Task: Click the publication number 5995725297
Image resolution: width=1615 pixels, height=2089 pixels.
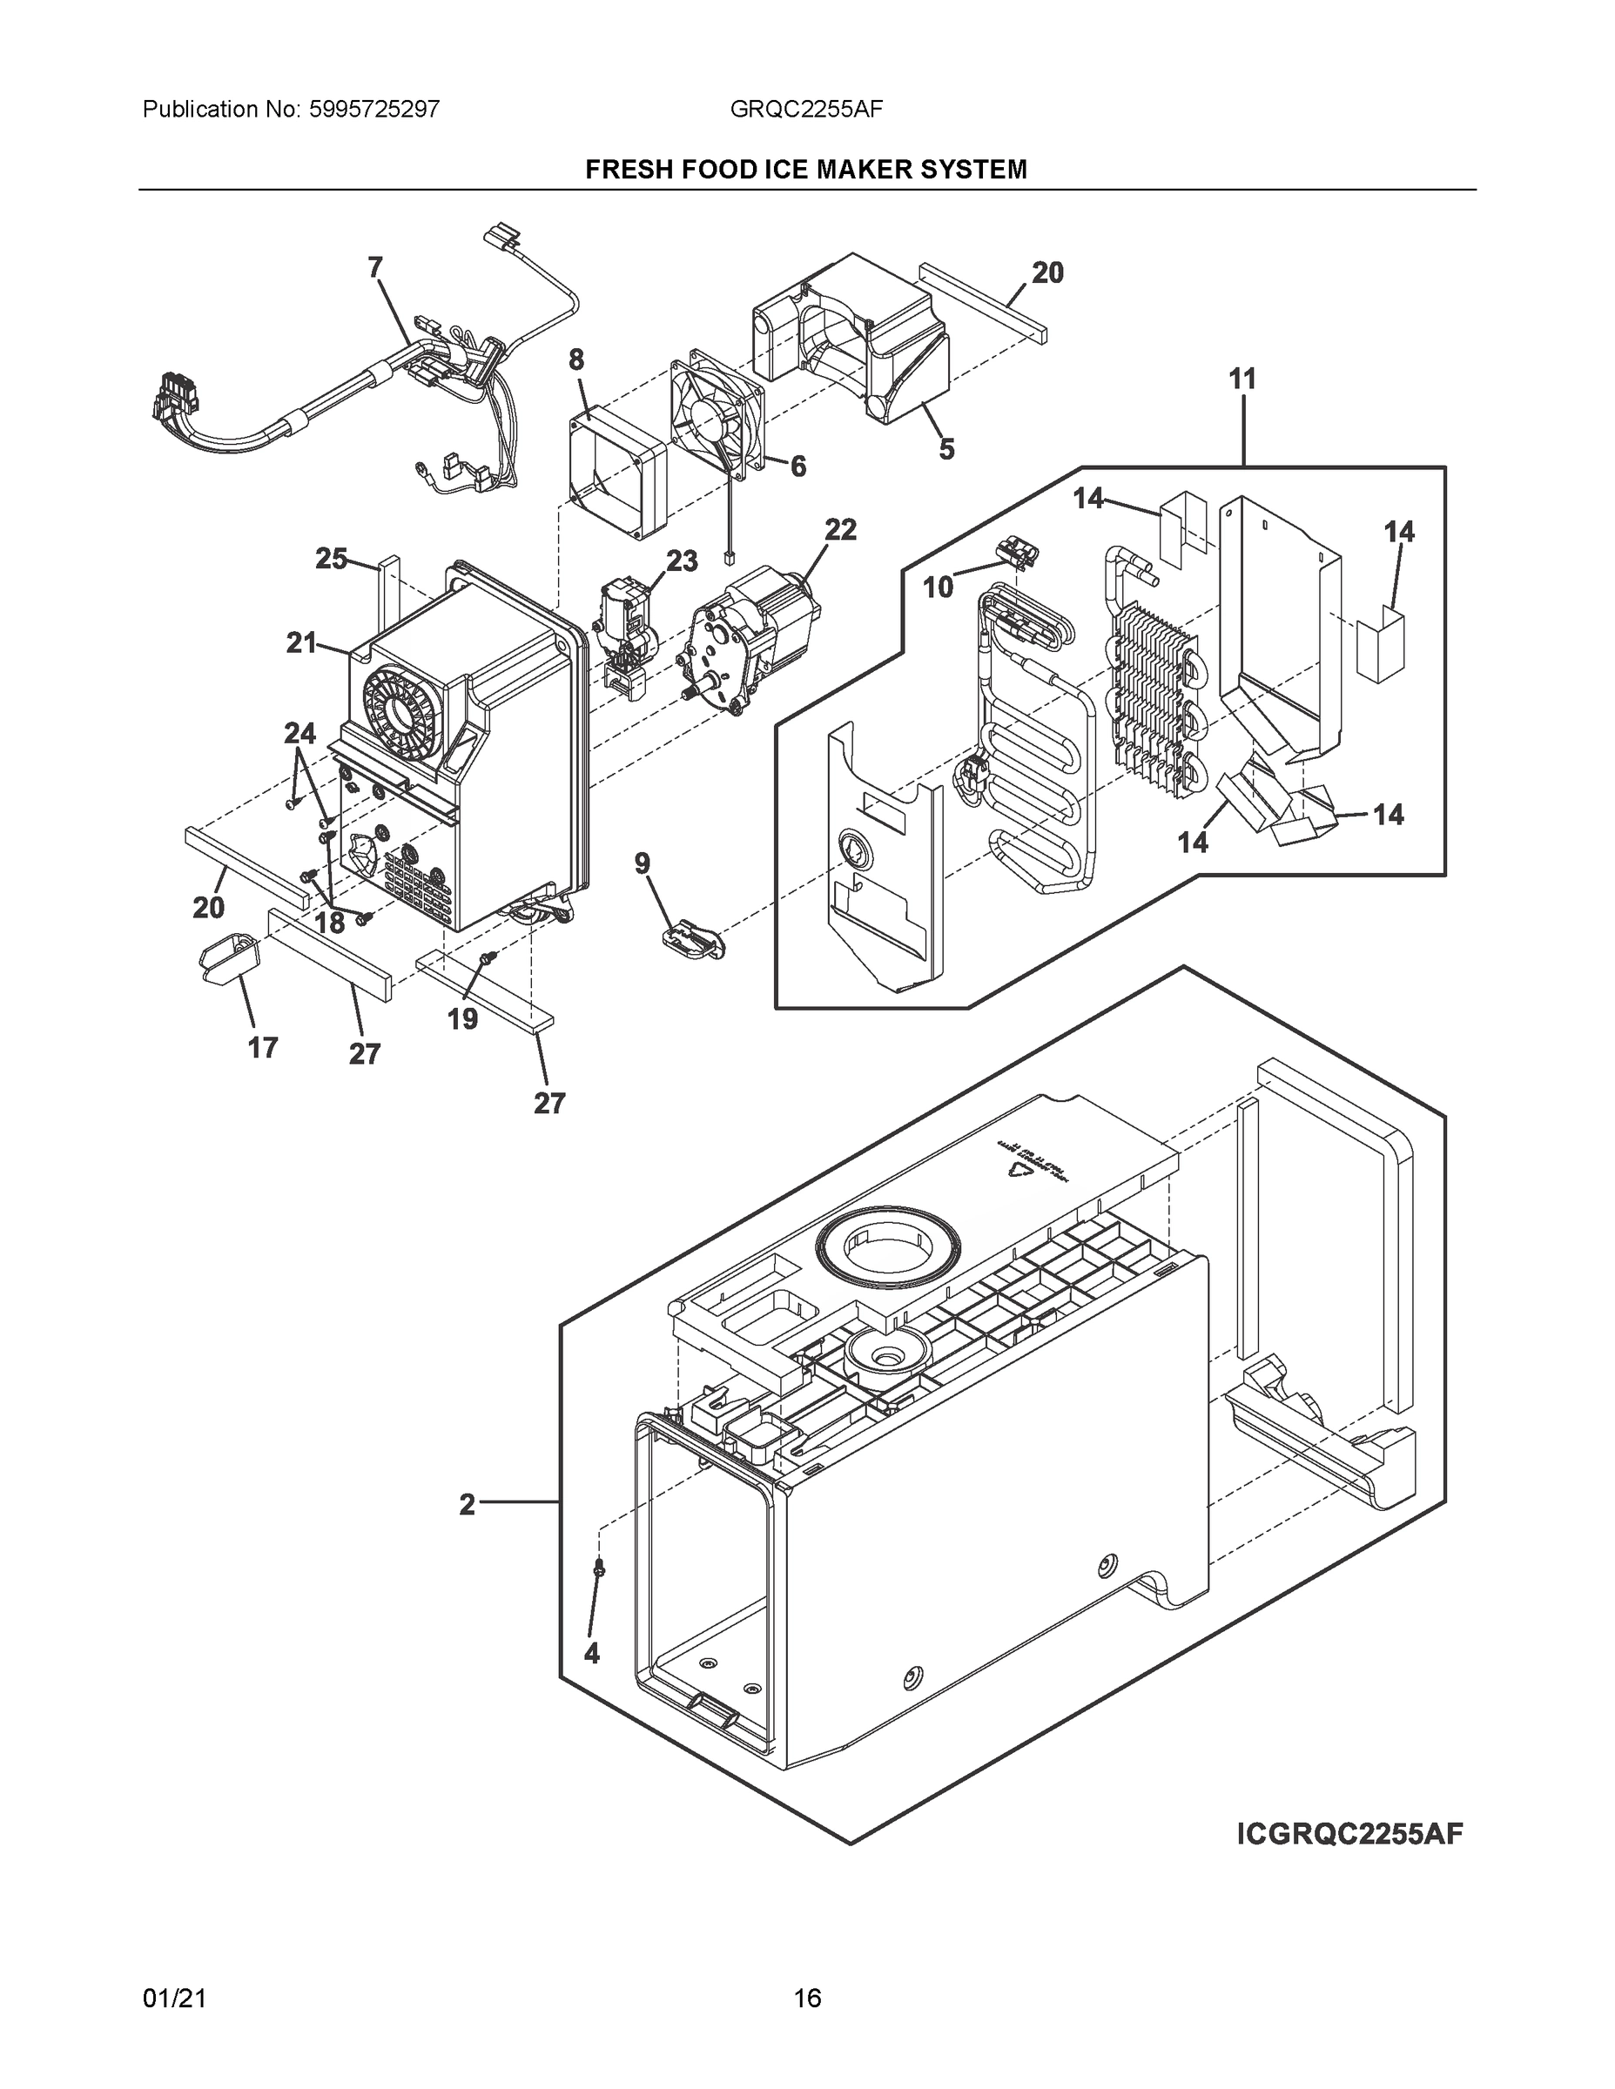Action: click(374, 110)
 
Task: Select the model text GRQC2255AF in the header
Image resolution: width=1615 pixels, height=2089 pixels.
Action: click(805, 110)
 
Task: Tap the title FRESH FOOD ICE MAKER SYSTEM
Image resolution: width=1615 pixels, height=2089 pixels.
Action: click(805, 170)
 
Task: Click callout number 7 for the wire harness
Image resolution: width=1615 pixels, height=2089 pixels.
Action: click(375, 267)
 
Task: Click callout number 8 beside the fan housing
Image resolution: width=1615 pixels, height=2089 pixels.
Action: click(576, 359)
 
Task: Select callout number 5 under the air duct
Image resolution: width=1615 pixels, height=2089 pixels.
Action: click(946, 448)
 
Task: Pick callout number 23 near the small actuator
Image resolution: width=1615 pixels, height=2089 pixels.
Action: click(681, 561)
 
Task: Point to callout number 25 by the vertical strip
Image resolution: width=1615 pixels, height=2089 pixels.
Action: click(331, 559)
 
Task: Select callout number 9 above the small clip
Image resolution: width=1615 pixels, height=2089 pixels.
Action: click(642, 863)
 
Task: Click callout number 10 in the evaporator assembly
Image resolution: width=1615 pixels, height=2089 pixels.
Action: click(939, 588)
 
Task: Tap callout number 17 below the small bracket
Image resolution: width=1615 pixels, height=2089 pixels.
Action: click(262, 1047)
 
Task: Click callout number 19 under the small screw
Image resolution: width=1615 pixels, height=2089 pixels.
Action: click(462, 1018)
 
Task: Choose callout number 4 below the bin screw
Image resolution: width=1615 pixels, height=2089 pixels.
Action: click(591, 1653)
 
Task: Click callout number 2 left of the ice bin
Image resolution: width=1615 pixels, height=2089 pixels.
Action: click(466, 1505)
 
